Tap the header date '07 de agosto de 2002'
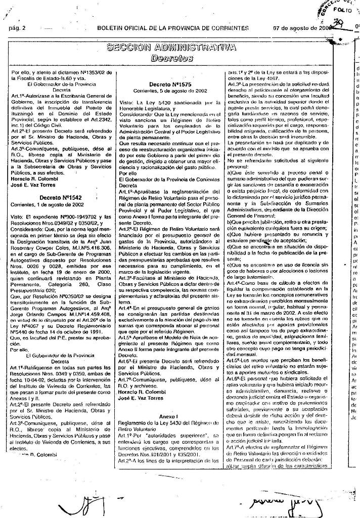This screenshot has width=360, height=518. tap(301, 28)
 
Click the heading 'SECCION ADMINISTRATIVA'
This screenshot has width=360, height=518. tap(171, 48)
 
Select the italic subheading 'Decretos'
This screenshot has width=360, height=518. tap(171, 59)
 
